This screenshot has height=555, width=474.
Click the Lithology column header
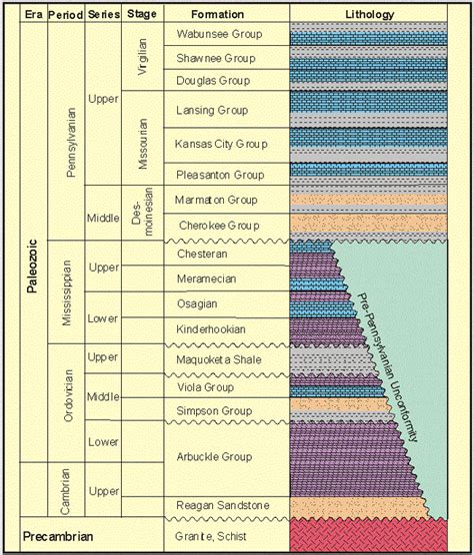pyautogui.click(x=370, y=15)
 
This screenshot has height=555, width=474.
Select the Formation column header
pyautogui.click(x=217, y=14)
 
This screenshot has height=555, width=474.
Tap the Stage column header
pyautogui.click(x=142, y=14)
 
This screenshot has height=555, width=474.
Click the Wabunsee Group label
pyautogui.click(x=219, y=34)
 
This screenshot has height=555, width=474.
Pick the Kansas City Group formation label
pyautogui.click(x=221, y=145)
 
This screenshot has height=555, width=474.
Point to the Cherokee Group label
pyautogui.click(x=219, y=226)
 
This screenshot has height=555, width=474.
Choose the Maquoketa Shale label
pyautogui.click(x=219, y=359)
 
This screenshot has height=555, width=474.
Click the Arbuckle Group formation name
pyautogui.click(x=214, y=456)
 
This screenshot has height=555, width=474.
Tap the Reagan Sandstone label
pyautogui.click(x=223, y=505)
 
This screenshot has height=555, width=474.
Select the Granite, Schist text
pyautogui.click(x=211, y=536)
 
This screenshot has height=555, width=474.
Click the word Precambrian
pyautogui.click(x=58, y=536)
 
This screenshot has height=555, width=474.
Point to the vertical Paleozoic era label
pyautogui.click(x=32, y=267)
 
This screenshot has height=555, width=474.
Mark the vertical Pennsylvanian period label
pyautogui.click(x=71, y=143)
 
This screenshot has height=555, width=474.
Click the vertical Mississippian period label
pyautogui.click(x=67, y=293)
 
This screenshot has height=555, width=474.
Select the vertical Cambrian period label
pyautogui.click(x=65, y=492)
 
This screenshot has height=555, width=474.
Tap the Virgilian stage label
pyautogui.click(x=142, y=57)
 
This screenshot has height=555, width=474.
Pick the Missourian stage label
pyautogui.click(x=143, y=144)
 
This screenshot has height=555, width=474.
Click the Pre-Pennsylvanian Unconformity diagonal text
pyautogui.click(x=387, y=366)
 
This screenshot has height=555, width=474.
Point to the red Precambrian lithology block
pyautogui.click(x=368, y=535)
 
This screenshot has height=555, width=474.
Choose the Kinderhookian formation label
pyautogui.click(x=211, y=329)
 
